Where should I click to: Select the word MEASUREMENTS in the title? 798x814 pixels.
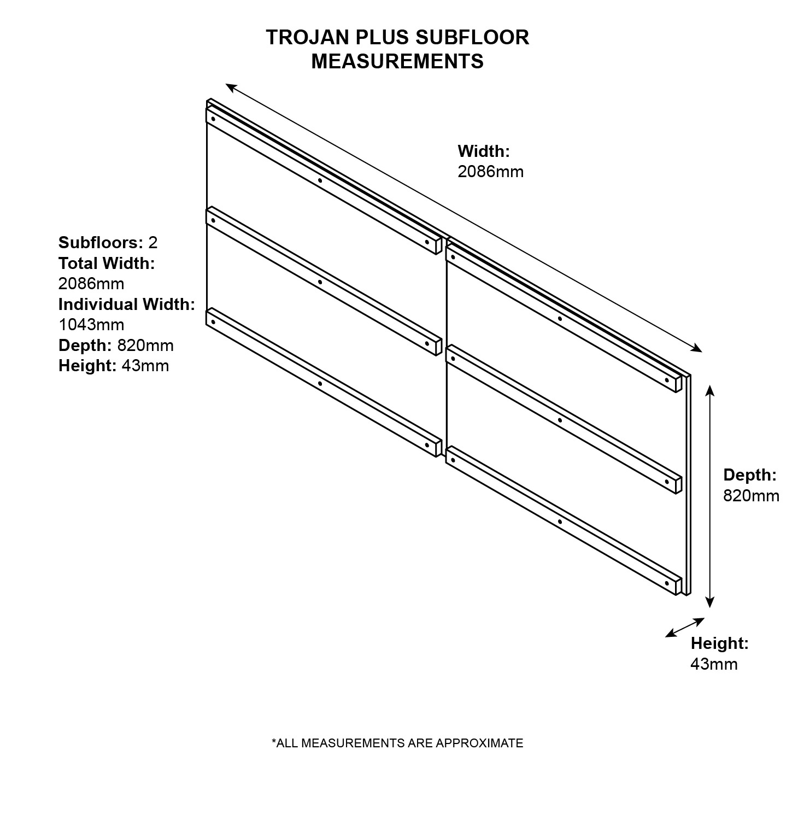[397, 61]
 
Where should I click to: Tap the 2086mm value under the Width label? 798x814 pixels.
[490, 172]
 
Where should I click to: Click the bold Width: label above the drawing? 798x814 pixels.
[483, 151]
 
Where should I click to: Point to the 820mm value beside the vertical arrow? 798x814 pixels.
[752, 495]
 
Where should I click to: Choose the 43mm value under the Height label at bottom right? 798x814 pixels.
[714, 664]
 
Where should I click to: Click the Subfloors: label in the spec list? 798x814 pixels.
[101, 242]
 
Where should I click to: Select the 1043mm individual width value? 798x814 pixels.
[91, 325]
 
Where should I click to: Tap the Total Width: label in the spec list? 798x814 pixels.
[107, 263]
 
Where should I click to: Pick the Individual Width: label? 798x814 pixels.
[127, 304]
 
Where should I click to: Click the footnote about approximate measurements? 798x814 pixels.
[397, 743]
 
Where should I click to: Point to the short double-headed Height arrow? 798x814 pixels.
[685, 628]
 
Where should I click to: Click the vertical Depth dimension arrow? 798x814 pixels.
[709, 496]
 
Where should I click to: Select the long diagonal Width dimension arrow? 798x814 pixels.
[464, 218]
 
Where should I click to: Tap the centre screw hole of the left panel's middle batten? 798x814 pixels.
[320, 283]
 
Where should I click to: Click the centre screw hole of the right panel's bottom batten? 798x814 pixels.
[560, 522]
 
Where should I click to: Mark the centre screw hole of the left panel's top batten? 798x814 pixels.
[320, 180]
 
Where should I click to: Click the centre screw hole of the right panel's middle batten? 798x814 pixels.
[560, 420]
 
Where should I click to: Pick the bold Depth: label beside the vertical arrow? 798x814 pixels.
[750, 475]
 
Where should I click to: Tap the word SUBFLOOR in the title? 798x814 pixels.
[472, 37]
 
